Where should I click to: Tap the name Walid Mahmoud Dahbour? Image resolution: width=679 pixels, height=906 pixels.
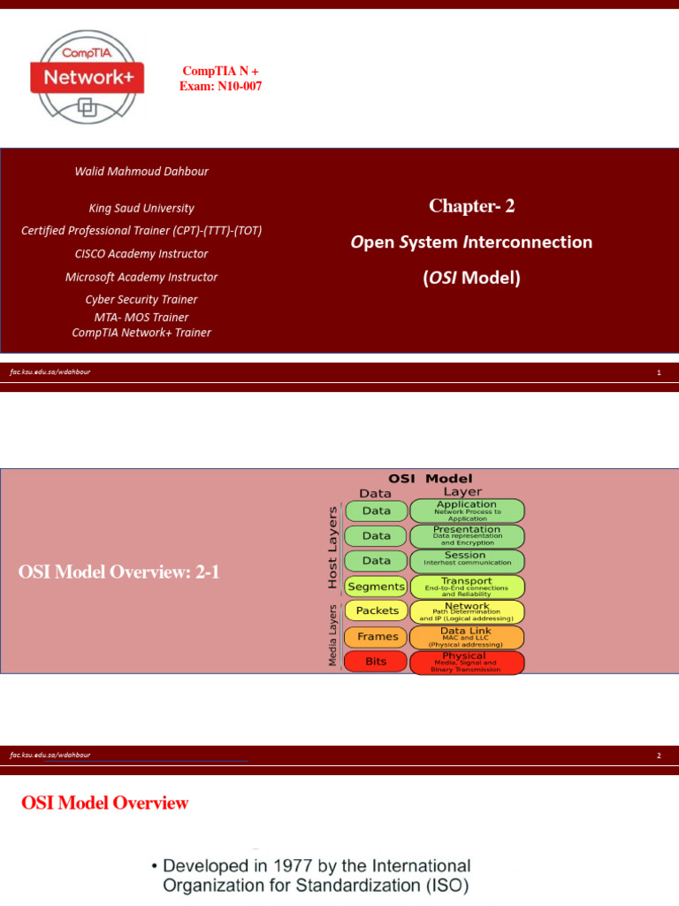coord(141,172)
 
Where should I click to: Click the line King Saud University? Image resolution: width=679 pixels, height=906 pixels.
coord(141,209)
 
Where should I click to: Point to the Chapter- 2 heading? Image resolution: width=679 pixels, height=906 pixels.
coord(471,206)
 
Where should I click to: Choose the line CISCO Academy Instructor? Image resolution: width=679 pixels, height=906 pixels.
coord(141,254)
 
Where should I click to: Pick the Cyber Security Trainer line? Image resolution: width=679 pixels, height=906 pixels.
coord(141,300)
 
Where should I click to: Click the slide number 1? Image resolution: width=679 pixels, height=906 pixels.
coord(659,372)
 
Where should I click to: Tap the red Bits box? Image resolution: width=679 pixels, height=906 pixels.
coord(376,661)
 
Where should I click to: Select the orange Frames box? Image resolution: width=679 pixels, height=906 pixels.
coord(378,636)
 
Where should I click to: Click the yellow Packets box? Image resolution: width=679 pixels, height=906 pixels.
coord(378,610)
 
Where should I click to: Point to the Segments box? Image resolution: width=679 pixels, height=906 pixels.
coord(377,586)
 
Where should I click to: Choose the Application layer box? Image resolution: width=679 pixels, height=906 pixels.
coord(467,511)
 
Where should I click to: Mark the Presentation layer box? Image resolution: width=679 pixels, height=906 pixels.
coord(467,535)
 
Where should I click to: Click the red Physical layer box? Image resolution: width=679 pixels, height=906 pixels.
coord(467,662)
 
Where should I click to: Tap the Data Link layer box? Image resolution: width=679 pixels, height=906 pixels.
coord(467,637)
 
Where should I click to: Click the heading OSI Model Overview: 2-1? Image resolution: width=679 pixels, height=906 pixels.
coord(118,573)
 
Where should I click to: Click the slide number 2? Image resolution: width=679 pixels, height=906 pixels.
coord(659,756)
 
